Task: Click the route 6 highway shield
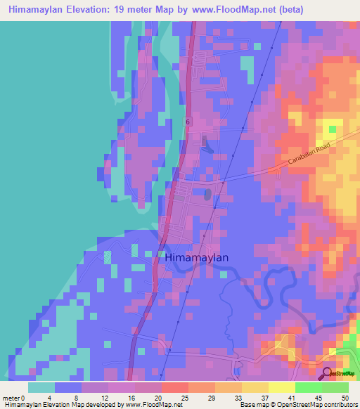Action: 188,122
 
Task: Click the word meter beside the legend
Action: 12,398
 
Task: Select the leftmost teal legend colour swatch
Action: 41,387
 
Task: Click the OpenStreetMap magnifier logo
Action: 327,372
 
